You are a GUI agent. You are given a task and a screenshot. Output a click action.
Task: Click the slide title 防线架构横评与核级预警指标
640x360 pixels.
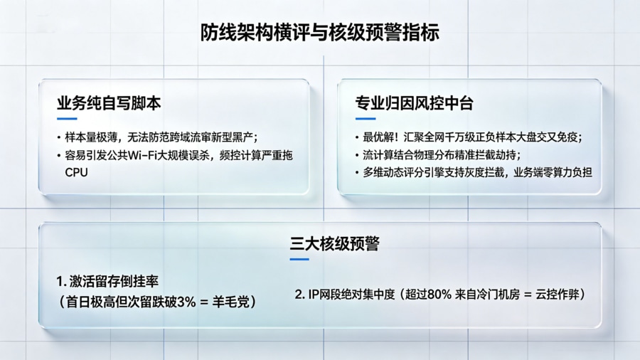[x=319, y=33]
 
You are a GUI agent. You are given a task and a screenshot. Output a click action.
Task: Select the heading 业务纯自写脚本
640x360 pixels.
[x=109, y=103]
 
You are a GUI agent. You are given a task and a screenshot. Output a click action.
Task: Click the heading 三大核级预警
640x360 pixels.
[x=334, y=244]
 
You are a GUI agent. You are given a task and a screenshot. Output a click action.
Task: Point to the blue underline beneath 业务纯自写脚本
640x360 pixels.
[x=67, y=119]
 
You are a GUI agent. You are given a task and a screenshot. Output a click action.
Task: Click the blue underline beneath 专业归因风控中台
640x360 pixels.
[x=365, y=119]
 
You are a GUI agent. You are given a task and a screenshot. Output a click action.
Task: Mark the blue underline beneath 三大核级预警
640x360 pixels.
[x=299, y=259]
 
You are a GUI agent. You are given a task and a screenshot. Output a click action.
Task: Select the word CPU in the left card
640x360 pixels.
[x=76, y=172]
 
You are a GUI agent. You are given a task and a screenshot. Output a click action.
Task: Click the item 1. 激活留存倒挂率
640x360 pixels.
[x=107, y=281]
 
